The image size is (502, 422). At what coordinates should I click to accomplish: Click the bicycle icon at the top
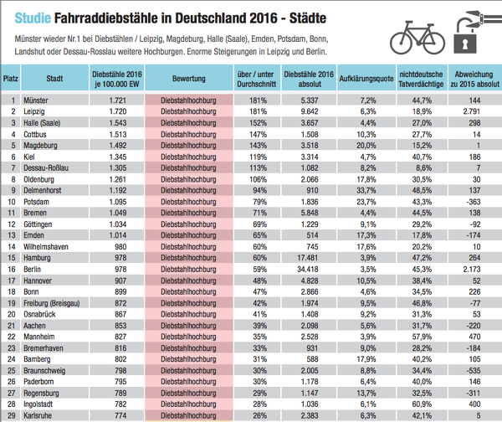(417, 38)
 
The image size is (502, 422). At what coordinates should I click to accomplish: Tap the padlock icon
(465, 36)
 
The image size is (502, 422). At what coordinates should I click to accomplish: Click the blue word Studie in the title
(33, 18)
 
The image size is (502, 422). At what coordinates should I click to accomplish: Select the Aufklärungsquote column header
(366, 79)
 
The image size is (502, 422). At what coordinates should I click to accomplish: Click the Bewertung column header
(189, 79)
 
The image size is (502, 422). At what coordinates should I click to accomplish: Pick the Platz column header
(11, 79)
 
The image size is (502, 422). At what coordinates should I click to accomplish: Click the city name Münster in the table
(35, 100)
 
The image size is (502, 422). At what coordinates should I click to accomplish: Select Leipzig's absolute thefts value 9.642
(310, 111)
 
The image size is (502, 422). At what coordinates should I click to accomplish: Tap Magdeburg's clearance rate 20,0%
(366, 146)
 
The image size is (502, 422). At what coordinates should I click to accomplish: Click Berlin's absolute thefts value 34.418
(307, 269)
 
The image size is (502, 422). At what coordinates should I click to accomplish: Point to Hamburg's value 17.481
(307, 258)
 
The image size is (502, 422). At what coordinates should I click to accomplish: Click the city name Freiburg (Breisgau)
(52, 303)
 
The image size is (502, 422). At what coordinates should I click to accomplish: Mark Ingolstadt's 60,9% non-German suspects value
(422, 404)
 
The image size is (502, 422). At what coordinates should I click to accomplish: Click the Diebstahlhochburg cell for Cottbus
(188, 134)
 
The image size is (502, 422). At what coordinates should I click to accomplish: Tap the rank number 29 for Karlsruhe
(12, 415)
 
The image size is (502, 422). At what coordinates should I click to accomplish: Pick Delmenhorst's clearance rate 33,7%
(366, 190)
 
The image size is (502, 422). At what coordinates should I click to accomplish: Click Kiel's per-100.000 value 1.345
(118, 157)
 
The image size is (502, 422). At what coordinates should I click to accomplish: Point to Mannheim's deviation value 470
(474, 337)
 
